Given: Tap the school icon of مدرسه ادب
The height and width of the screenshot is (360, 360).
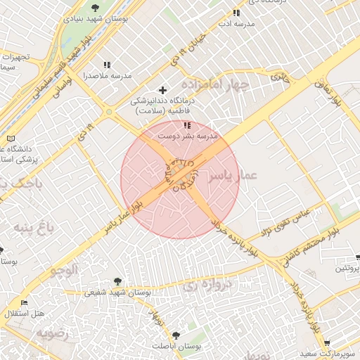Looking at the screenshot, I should click(x=236, y=13).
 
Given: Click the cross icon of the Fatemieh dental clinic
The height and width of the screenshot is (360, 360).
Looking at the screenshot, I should click(x=163, y=90).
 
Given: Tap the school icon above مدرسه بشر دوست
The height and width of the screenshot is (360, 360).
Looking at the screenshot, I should click(x=186, y=125).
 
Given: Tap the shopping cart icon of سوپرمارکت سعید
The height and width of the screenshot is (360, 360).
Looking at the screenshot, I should click(x=327, y=342).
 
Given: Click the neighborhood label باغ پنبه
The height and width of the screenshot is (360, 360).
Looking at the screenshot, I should click(x=31, y=227).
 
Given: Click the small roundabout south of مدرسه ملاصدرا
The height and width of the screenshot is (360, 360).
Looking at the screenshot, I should click(x=108, y=111).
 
